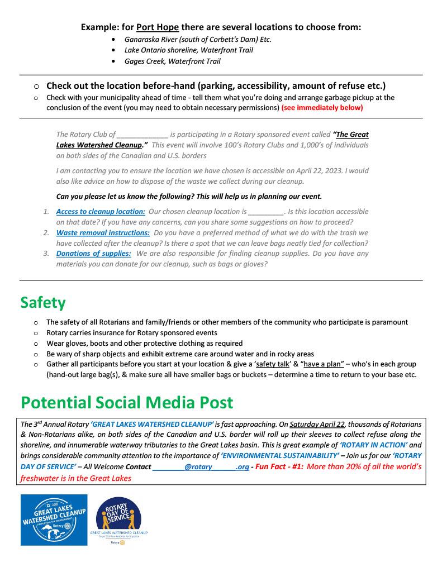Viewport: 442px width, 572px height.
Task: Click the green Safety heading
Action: point(43,302)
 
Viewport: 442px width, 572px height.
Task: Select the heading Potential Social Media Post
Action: point(126,403)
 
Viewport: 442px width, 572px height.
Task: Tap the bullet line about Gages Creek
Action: point(172,61)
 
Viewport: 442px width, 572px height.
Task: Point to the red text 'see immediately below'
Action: point(322,107)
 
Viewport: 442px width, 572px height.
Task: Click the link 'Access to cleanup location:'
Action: point(101,212)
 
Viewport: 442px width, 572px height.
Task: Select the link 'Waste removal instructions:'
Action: point(103,232)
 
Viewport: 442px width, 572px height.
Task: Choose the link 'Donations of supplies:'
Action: point(94,254)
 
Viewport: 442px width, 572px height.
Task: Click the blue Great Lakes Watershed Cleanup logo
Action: point(54,519)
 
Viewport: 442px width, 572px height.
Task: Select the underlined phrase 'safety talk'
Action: point(272,364)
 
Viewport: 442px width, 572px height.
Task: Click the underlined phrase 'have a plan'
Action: point(321,364)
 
